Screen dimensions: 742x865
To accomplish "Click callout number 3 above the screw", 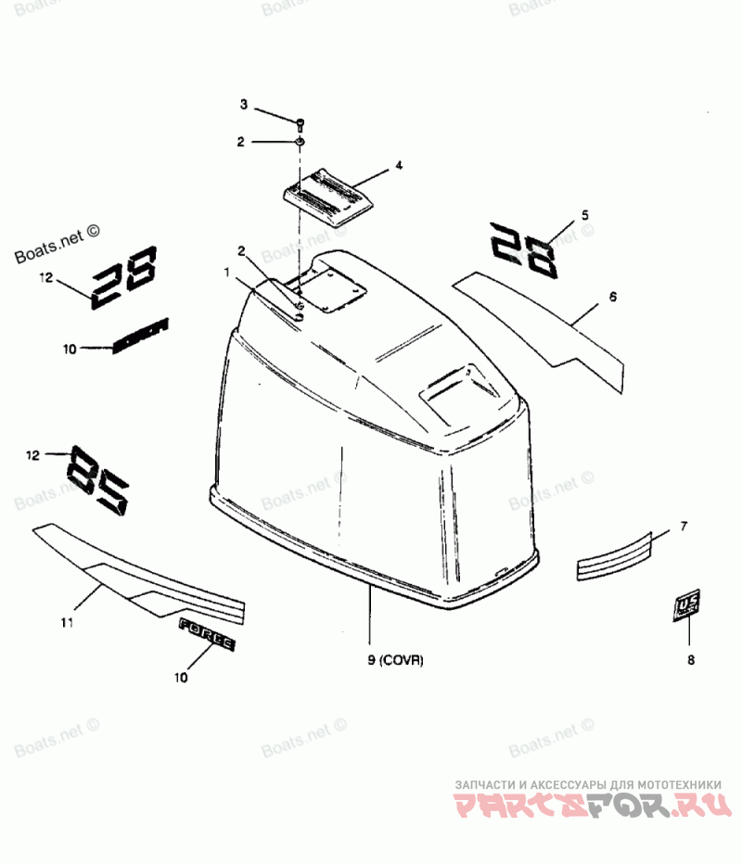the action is point(244,104).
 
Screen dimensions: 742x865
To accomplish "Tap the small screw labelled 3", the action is point(301,122).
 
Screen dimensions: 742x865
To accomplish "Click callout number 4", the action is point(399,165).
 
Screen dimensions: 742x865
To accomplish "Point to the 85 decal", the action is point(97,477).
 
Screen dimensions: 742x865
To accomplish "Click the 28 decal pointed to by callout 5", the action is point(524,248).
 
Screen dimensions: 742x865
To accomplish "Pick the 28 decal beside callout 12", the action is point(126,275).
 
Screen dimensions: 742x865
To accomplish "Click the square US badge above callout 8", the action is point(687,605).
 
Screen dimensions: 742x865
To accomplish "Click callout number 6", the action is point(613,297).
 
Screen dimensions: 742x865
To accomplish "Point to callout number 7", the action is point(684,526).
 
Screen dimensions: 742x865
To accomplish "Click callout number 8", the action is point(690,661).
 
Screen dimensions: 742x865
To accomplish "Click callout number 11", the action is point(67,622).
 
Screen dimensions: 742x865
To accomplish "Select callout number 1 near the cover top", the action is point(225,271).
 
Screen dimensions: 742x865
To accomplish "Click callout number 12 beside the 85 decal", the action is point(32,455).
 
